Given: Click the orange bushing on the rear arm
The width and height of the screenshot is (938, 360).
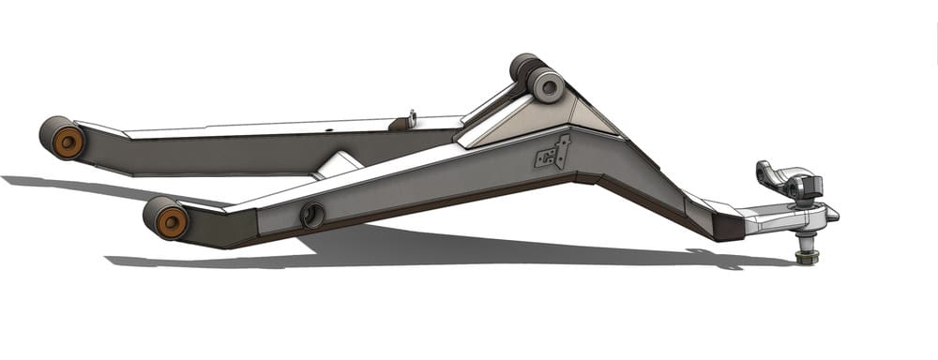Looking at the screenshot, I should pyautogui.click(x=67, y=142).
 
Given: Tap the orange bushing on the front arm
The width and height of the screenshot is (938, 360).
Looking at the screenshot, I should pyautogui.click(x=171, y=222).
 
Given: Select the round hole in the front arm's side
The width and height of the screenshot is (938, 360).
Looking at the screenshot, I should pyautogui.click(x=311, y=216).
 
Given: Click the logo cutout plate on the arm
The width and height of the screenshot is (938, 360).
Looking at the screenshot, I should pyautogui.click(x=552, y=155).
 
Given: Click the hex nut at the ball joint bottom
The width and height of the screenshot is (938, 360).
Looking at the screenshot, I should pyautogui.click(x=805, y=256).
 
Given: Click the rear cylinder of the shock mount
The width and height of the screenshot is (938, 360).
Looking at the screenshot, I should pyautogui.click(x=522, y=67).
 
